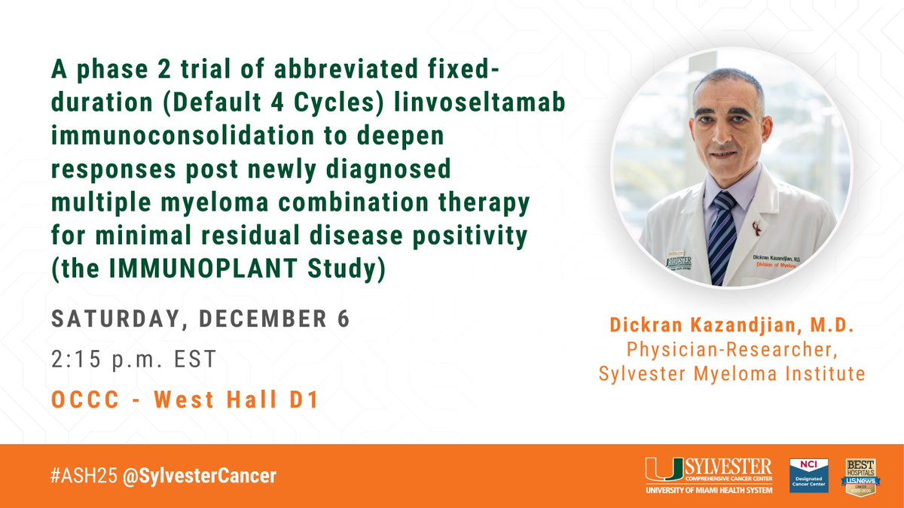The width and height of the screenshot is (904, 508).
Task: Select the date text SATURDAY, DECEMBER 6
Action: click(x=200, y=319)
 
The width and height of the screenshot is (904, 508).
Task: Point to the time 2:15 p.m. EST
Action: click(x=133, y=359)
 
